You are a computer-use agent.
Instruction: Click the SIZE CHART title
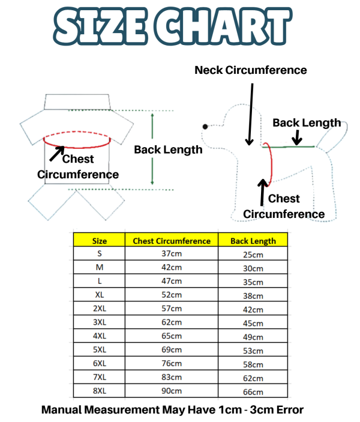pos(172,26)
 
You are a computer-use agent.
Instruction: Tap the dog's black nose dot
pos(205,127)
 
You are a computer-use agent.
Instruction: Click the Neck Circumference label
pos(250,70)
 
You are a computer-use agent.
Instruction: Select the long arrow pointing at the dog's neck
pos(250,115)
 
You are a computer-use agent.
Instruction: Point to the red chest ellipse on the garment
pos(77,148)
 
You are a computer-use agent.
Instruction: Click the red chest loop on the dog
pos(271,164)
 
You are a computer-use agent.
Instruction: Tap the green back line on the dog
pos(288,146)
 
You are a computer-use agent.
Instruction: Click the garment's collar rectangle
pos(77,101)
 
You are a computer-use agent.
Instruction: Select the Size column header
pos(99,241)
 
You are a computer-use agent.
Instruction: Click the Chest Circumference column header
pos(172,241)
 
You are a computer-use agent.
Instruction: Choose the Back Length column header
pos(253,241)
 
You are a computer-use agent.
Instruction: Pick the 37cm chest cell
pos(172,253)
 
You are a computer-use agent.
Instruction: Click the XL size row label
pos(99,295)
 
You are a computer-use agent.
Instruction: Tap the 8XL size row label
pos(100,391)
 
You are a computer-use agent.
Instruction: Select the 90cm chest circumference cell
pos(172,391)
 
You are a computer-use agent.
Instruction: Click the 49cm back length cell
pos(253,337)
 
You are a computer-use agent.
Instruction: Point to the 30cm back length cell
pos(253,268)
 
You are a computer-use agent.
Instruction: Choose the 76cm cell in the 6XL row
pos(172,363)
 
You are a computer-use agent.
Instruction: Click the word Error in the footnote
pos(290,410)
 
